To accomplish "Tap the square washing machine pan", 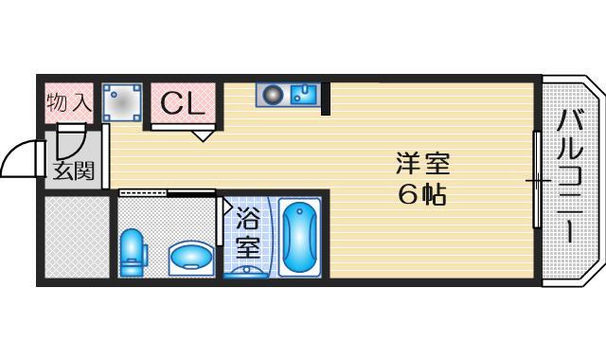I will pyautogui.click(x=122, y=102).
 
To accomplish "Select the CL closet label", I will pyautogui.click(x=182, y=103).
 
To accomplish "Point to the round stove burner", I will pyautogui.click(x=274, y=95).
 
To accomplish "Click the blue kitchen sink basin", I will pyautogui.click(x=304, y=95).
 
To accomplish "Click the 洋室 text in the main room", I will pyautogui.click(x=422, y=163).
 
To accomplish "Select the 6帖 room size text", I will pyautogui.click(x=422, y=194).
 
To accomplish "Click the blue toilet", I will pyautogui.click(x=133, y=250).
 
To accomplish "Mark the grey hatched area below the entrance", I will pyautogui.click(x=77, y=237).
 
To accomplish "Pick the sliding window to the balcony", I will pyautogui.click(x=537, y=179).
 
